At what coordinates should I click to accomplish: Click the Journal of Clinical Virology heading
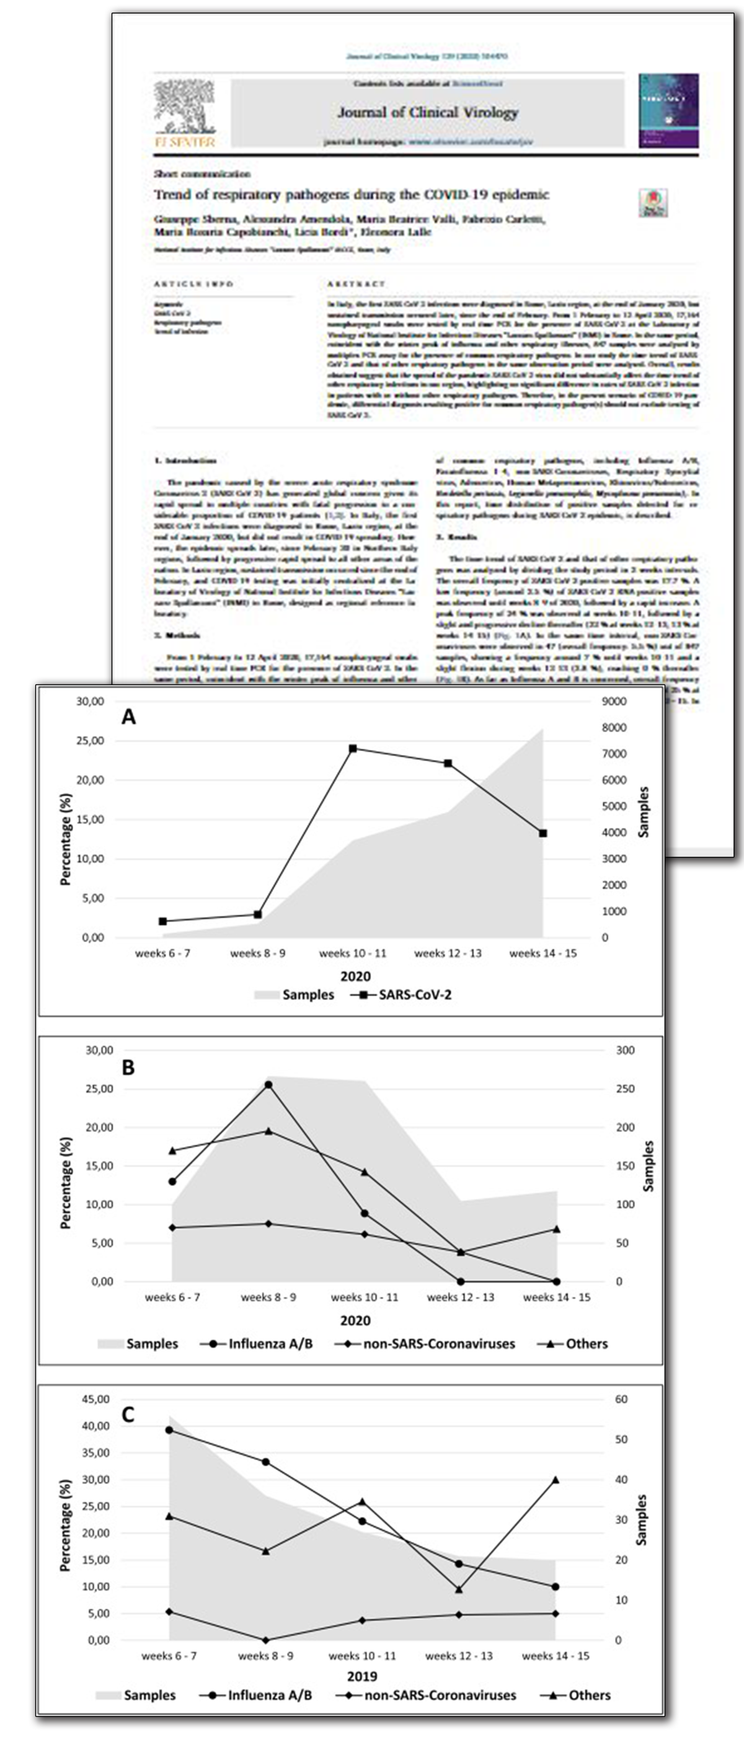click(428, 112)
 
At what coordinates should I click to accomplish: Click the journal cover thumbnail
click(668, 111)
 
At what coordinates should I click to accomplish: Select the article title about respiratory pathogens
click(351, 195)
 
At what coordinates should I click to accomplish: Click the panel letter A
click(128, 717)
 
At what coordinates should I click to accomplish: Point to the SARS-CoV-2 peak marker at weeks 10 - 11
click(353, 749)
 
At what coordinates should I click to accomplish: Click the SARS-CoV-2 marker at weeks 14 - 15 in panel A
click(542, 833)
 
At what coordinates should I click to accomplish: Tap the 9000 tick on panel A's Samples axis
click(614, 702)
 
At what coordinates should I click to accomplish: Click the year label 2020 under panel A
click(355, 976)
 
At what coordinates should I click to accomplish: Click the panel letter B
click(128, 1068)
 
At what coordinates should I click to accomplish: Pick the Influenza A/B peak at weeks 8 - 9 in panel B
click(268, 1085)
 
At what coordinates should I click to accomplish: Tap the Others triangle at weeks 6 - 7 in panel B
click(173, 1151)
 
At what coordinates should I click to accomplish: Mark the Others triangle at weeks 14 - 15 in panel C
click(556, 1480)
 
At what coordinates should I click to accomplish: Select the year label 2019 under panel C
click(362, 1677)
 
